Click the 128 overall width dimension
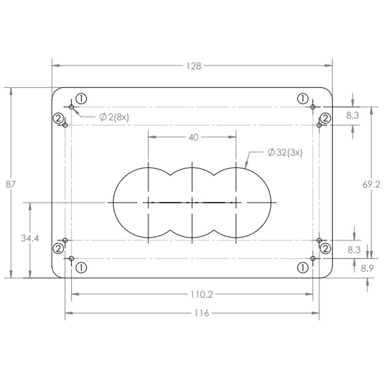(194, 66)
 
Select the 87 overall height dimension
(10, 184)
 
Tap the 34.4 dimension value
(30, 238)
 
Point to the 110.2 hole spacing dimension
(201, 295)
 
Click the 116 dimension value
(201, 313)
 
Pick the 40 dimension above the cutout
(194, 138)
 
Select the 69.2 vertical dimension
(371, 184)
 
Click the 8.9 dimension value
(367, 268)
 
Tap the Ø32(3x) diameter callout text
(285, 152)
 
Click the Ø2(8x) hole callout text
(114, 117)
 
